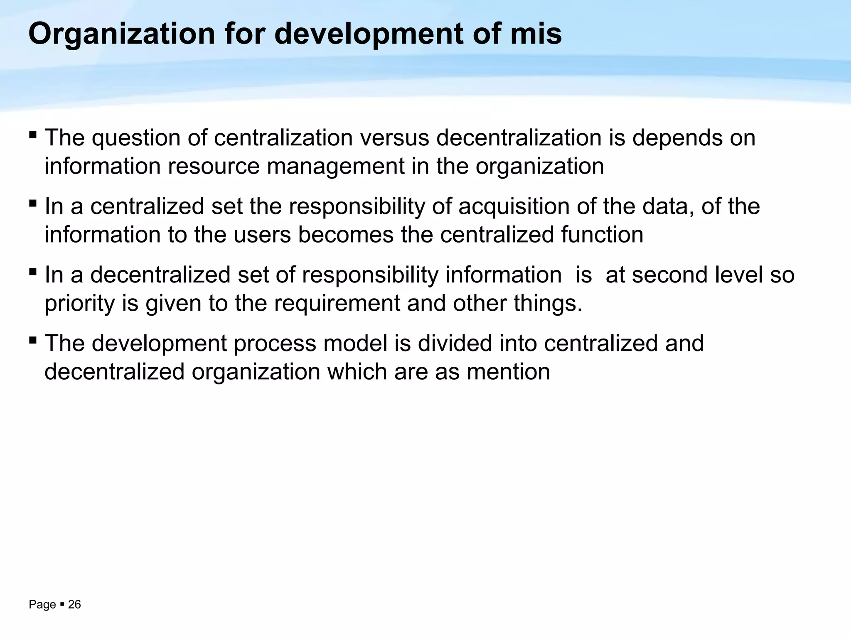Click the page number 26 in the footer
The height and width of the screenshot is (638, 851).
tap(74, 605)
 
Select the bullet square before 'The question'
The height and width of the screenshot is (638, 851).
tap(33, 135)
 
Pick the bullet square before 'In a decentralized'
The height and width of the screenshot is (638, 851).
tap(33, 272)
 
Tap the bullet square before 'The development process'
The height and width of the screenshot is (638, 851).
tap(33, 341)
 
